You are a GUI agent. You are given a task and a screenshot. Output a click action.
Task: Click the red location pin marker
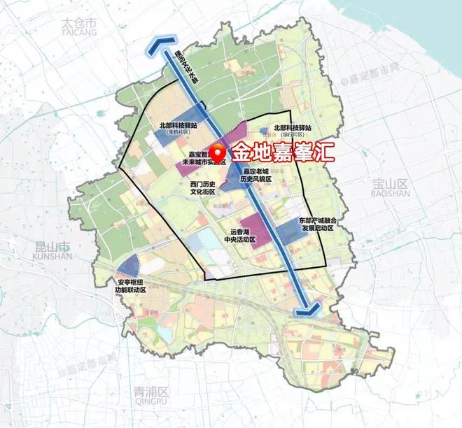[219, 150]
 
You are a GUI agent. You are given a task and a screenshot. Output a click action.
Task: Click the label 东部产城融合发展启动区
[319, 224]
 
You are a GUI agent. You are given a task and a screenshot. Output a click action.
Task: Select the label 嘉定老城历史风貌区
[257, 175]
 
